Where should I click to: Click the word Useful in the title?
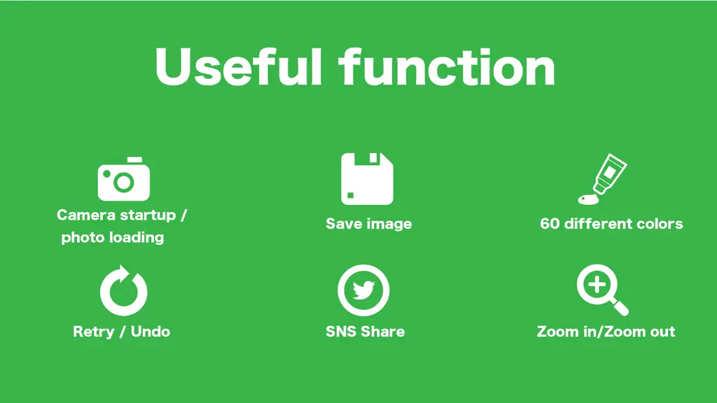[239, 67]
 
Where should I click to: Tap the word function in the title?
[447, 67]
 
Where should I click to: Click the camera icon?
[124, 179]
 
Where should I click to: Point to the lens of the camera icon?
[123, 183]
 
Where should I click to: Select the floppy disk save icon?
[367, 179]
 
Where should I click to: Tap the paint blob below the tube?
[588, 199]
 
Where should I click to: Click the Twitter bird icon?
[363, 290]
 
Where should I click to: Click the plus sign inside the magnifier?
[597, 285]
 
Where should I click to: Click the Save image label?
[368, 224]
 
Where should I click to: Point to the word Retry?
[94, 332]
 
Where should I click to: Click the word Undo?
[151, 331]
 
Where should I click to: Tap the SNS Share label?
[365, 331]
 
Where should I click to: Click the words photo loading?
[113, 238]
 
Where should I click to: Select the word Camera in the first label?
[85, 215]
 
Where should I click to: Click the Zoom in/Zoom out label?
[606, 331]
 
